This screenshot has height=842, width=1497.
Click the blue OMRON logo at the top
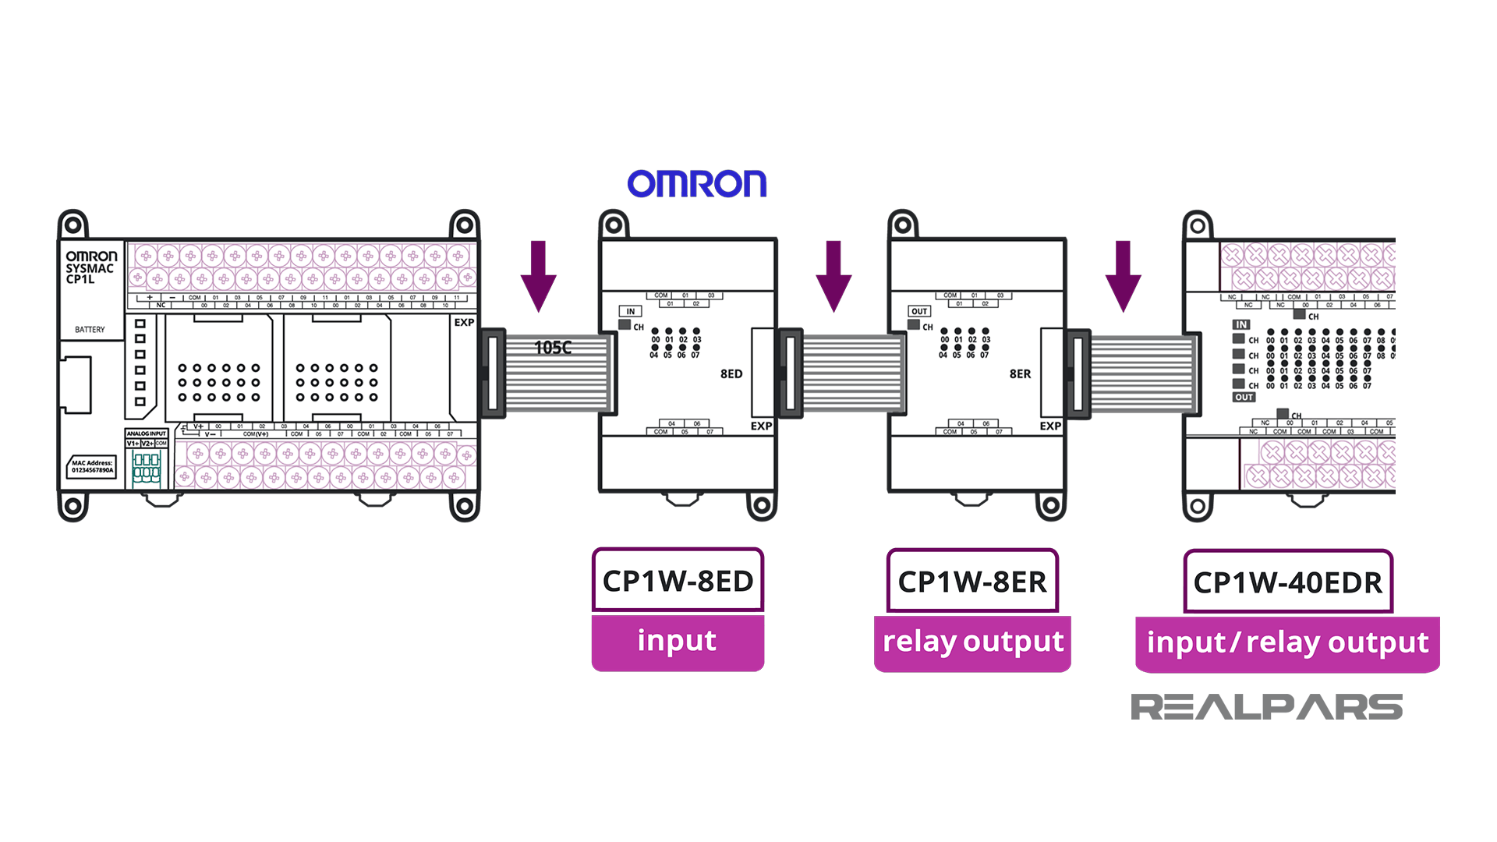pos(696,184)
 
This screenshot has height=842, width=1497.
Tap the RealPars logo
pos(1266,706)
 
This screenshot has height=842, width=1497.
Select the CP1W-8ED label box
pos(678,581)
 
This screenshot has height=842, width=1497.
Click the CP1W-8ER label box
pos(972,582)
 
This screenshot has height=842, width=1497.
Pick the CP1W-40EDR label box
pos(1287,582)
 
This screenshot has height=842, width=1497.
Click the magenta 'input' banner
pos(677,642)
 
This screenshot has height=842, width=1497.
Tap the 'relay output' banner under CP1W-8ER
pos(972,642)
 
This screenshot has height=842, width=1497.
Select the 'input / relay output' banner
pos(1287,643)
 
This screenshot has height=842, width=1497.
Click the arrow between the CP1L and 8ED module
pos(538,276)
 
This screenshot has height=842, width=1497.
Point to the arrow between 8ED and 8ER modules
pos(833,276)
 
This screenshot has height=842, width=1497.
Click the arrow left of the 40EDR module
pos(1123,276)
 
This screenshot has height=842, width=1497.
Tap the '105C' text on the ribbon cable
pos(553,348)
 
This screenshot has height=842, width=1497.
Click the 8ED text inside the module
pos(731,374)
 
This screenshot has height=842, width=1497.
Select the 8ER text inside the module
pos(1020,374)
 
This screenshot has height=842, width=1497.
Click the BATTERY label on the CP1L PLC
pos(90,330)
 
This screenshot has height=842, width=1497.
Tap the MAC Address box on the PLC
pos(92,466)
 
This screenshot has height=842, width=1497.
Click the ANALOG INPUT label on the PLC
pos(147,433)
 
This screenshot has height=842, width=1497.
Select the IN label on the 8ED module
pos(631,311)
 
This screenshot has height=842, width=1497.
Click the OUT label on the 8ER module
pos(919,311)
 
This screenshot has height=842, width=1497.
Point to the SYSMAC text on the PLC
pos(90,268)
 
